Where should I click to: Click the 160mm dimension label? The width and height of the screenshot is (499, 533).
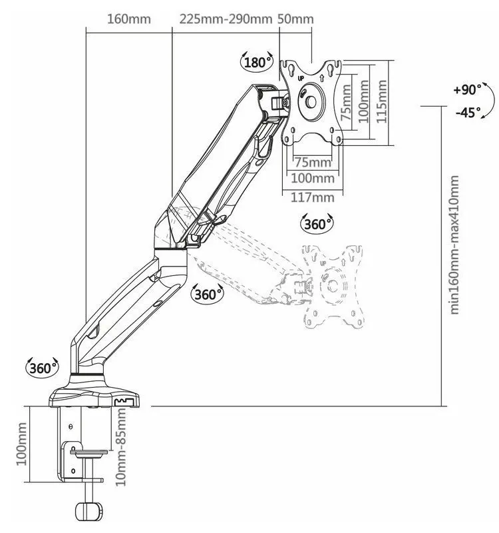click(x=129, y=19)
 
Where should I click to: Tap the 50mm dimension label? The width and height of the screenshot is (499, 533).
click(x=296, y=19)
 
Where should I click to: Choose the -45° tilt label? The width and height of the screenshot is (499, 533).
click(x=468, y=113)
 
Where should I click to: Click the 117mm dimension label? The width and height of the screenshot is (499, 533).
click(x=313, y=197)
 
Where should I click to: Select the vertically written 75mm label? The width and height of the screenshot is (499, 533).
click(x=345, y=101)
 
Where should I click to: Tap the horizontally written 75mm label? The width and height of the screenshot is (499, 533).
click(x=313, y=162)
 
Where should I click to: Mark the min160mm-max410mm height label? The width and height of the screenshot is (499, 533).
click(x=455, y=245)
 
